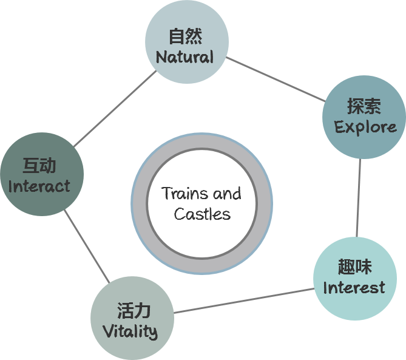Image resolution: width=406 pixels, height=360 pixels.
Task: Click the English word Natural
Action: click(x=184, y=58)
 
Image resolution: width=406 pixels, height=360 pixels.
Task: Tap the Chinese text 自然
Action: click(x=185, y=36)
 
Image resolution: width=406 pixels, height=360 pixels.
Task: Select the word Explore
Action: click(x=365, y=127)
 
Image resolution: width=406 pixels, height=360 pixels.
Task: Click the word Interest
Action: click(x=354, y=288)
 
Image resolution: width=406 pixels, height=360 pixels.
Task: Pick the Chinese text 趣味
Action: click(x=354, y=267)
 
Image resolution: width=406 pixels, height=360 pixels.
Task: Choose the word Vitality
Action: click(x=130, y=332)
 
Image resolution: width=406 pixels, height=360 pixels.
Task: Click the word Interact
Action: click(x=39, y=186)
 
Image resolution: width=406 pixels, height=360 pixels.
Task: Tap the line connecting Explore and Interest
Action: click(x=359, y=197)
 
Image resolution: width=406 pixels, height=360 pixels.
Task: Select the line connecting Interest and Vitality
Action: click(x=244, y=301)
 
